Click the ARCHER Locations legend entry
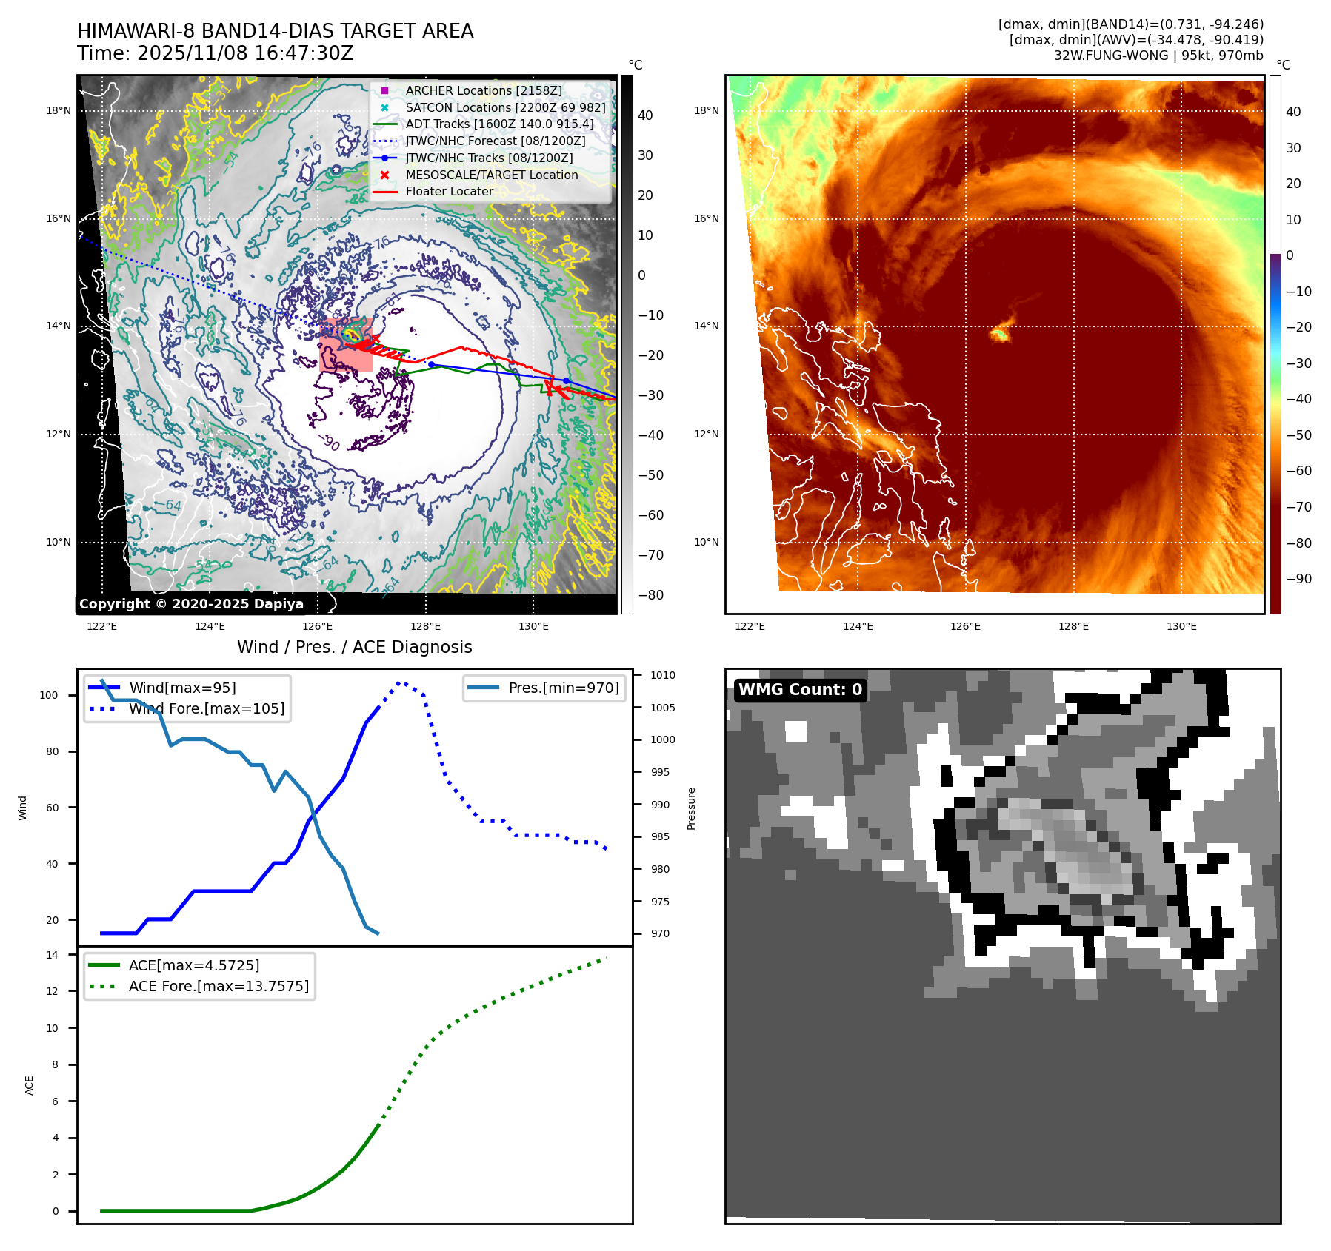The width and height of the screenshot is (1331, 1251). [x=483, y=90]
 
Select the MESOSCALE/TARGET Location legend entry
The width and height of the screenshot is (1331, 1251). [x=491, y=175]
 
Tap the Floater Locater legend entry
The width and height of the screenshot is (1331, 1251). [x=449, y=191]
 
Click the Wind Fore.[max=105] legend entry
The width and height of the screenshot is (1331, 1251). [x=206, y=708]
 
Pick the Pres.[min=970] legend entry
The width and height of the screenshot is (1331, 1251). [x=563, y=688]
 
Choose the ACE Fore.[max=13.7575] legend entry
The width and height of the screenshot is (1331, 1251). [x=219, y=986]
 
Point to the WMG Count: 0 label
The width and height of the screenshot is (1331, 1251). [x=800, y=690]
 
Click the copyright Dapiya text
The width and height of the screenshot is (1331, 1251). [x=191, y=604]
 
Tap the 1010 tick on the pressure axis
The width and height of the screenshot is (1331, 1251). [x=663, y=675]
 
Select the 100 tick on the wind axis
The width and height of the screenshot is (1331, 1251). [x=49, y=695]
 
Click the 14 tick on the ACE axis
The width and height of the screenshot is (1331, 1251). [x=52, y=955]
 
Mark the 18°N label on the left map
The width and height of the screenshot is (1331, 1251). [x=59, y=111]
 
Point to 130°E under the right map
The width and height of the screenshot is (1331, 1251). [x=1181, y=626]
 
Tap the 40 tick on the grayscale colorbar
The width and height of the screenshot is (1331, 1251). [x=645, y=115]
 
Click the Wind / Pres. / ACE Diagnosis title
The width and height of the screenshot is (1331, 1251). [x=354, y=647]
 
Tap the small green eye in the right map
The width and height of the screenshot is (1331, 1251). [x=1000, y=335]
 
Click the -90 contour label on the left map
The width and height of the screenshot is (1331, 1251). [x=329, y=443]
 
